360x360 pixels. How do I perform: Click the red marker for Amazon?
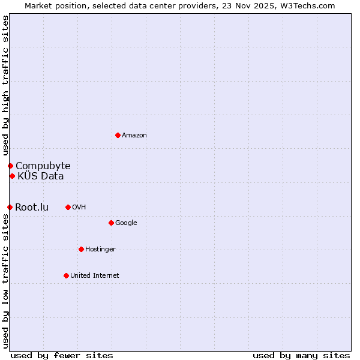[x=118, y=135]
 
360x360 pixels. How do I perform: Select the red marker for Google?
[x=111, y=223]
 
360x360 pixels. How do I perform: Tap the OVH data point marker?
[x=68, y=207]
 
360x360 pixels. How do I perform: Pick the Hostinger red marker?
[x=81, y=249]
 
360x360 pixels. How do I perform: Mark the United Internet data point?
[x=66, y=275]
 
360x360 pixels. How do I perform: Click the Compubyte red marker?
[x=10, y=166]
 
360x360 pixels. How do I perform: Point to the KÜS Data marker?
[x=12, y=176]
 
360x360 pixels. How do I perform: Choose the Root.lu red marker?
[x=10, y=207]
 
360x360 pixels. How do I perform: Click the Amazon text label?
[x=134, y=136]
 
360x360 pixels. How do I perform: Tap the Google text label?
[x=126, y=223]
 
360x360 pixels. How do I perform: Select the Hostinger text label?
[x=100, y=250]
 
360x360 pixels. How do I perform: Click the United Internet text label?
[x=95, y=276]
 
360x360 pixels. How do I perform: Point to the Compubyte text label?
[x=43, y=166]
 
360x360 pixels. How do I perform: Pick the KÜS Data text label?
[x=41, y=176]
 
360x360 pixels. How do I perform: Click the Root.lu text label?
[x=32, y=208]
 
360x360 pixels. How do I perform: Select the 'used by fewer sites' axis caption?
[x=62, y=355]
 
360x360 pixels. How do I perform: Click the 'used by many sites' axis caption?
[x=301, y=355]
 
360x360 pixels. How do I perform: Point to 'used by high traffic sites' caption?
[x=5, y=86]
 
